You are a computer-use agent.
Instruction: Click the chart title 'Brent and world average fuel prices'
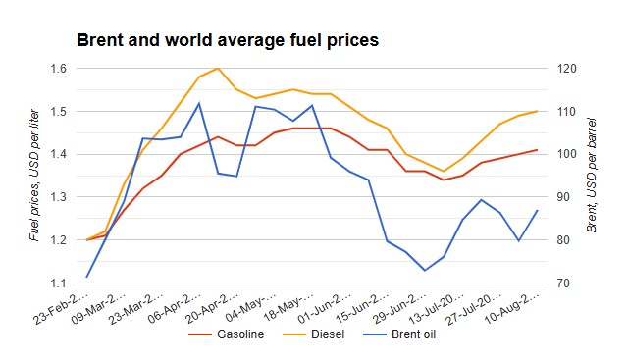tap(228, 40)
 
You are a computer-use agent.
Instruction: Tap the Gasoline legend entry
tap(227, 334)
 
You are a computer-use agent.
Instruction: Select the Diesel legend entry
tap(314, 334)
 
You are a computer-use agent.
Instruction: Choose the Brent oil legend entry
tap(399, 334)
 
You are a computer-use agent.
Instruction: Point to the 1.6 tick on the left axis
tap(58, 69)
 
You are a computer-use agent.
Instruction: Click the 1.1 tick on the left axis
tap(58, 283)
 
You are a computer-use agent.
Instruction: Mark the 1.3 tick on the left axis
tap(58, 197)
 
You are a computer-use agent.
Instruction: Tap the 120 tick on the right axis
tap(567, 69)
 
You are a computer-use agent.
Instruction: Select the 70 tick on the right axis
tap(563, 283)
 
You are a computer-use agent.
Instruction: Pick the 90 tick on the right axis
tap(563, 197)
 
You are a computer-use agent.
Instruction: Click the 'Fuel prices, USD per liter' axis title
tap(34, 176)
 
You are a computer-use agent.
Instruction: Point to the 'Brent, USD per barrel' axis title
tap(591, 176)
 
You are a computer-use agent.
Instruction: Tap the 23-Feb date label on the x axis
tap(61, 310)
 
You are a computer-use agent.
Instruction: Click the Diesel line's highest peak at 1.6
tap(218, 69)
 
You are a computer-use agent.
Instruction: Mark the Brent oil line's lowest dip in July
tap(425, 271)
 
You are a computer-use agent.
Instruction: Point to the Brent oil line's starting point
tap(86, 277)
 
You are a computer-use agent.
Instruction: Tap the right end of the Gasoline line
tap(537, 150)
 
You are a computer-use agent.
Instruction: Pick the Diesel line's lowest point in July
tap(443, 171)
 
